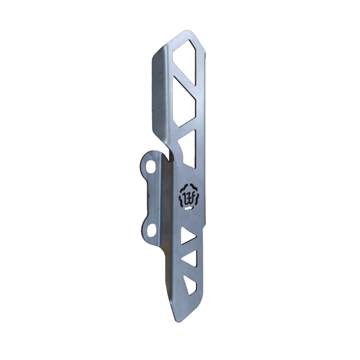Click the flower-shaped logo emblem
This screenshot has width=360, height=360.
click(x=188, y=197)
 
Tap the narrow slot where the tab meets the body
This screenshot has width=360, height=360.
click(x=167, y=156)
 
